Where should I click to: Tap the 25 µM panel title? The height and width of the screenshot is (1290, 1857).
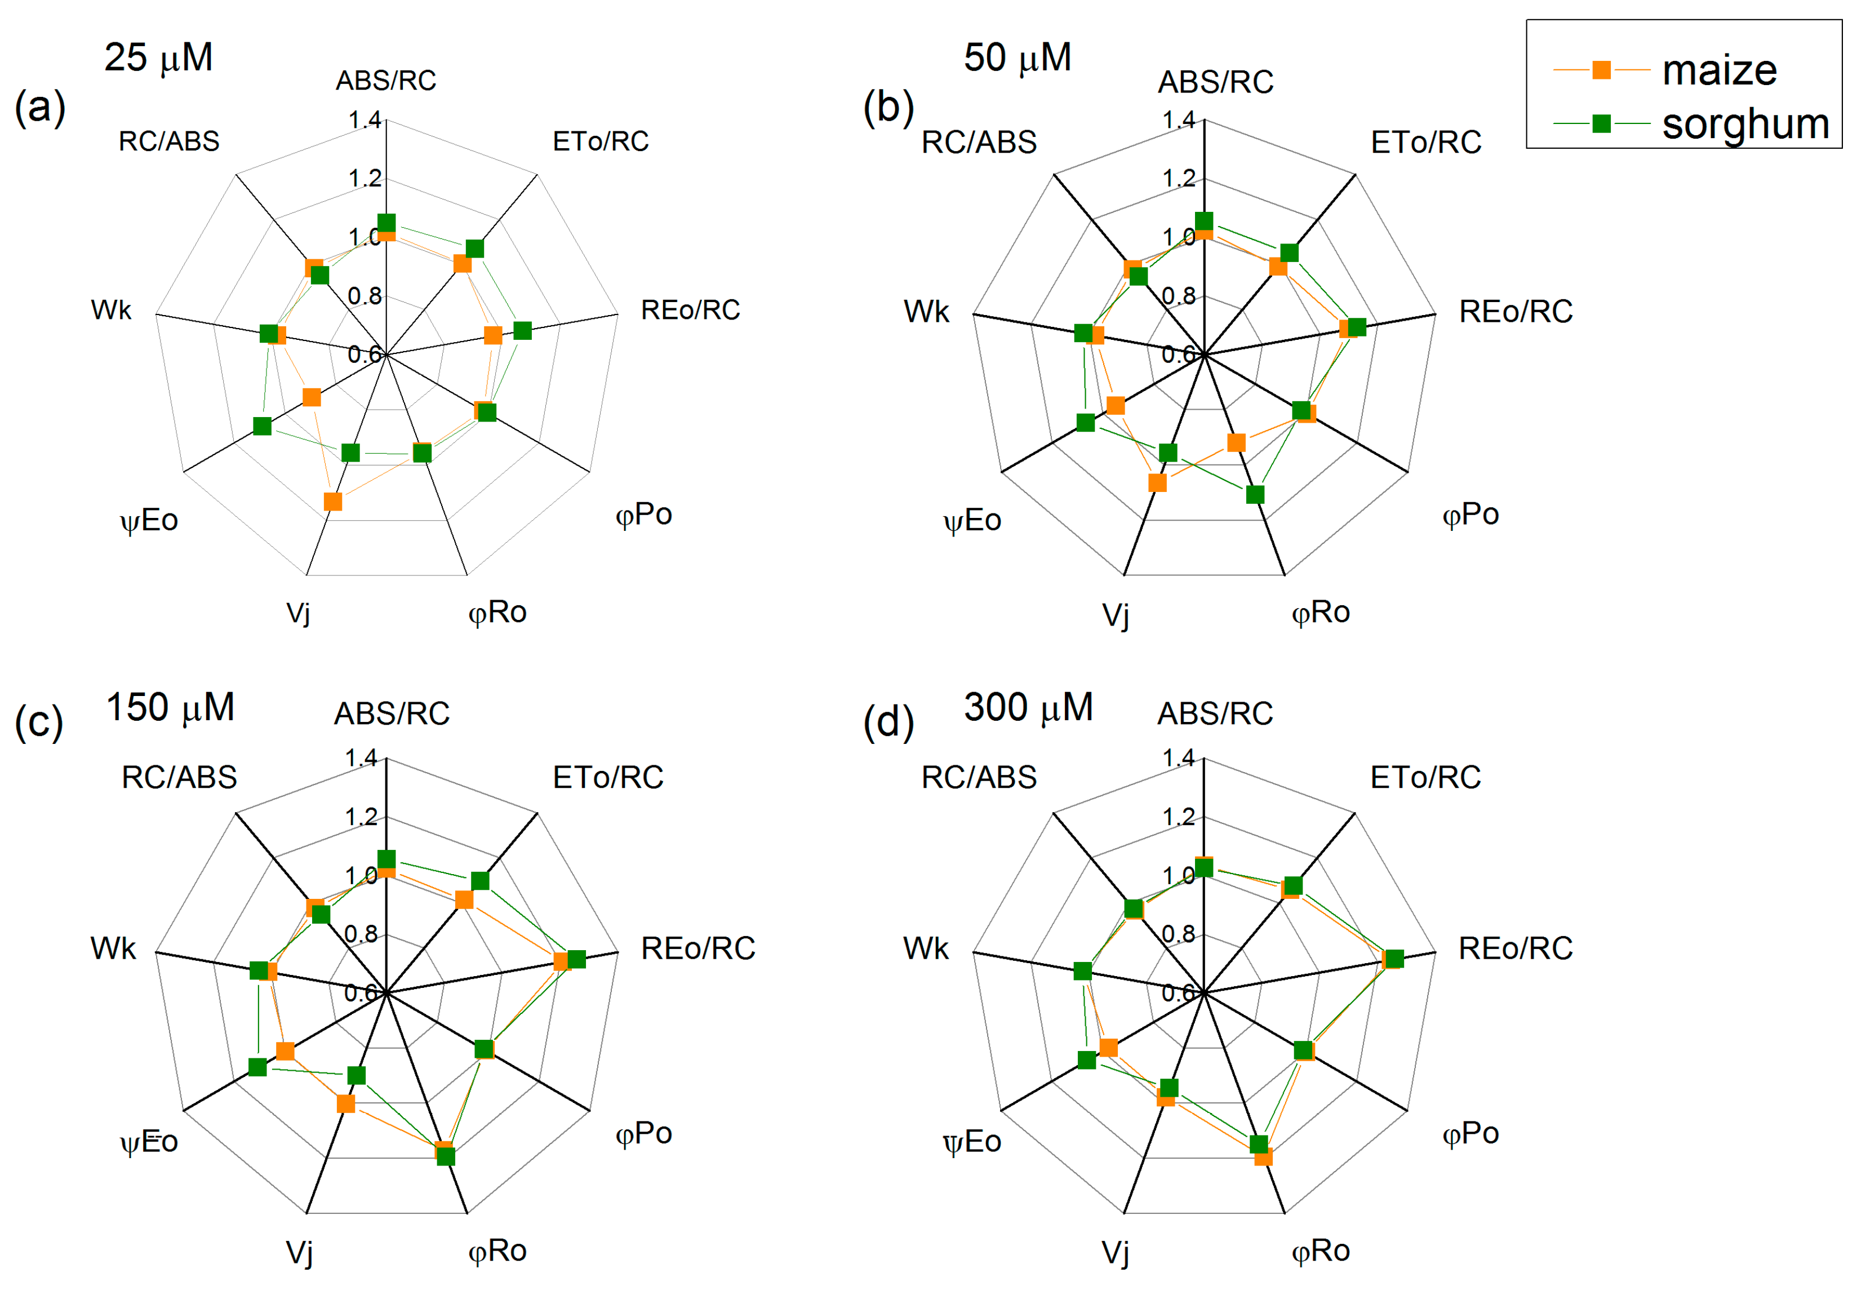tap(158, 57)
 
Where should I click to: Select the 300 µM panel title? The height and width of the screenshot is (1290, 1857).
tap(1028, 707)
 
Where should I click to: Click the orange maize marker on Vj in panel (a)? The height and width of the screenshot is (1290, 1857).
tap(332, 502)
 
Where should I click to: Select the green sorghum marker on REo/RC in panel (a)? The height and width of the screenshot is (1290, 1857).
tap(522, 331)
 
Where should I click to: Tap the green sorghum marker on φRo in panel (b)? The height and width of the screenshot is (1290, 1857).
tap(1254, 494)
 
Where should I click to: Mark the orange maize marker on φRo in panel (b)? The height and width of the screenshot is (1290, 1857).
tap(1236, 442)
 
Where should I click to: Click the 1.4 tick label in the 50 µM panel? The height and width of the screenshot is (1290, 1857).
tap(1178, 121)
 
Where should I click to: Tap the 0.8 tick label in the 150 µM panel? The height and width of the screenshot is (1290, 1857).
tap(361, 934)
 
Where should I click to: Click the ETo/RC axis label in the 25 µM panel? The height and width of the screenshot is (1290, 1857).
tap(601, 141)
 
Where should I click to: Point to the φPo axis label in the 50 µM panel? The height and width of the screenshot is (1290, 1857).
tap(1471, 514)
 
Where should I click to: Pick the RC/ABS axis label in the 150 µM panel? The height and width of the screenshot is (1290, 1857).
tap(179, 777)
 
